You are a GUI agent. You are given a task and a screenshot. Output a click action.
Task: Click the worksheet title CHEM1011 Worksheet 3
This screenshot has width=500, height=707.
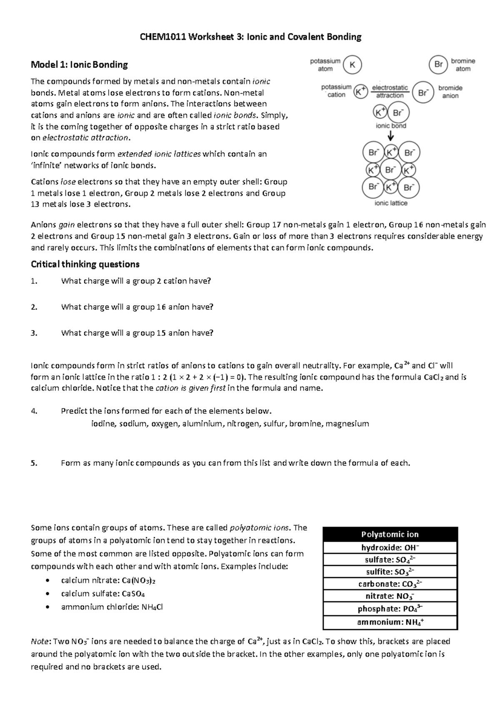(x=250, y=37)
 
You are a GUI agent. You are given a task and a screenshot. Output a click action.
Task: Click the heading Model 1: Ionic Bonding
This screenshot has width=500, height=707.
(x=80, y=65)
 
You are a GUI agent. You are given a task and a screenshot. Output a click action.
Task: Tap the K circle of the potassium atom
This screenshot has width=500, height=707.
(x=352, y=65)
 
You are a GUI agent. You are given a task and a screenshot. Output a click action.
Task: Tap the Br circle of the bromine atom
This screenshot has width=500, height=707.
(x=438, y=65)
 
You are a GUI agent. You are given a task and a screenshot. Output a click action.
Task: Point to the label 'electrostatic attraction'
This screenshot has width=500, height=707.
(x=390, y=92)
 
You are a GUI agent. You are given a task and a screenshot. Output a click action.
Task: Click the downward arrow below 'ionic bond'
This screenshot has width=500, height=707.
(x=391, y=136)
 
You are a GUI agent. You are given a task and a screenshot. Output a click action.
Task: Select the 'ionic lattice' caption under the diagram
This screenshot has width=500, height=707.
(x=391, y=203)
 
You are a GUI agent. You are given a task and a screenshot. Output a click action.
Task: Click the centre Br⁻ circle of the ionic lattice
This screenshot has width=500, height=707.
(x=390, y=170)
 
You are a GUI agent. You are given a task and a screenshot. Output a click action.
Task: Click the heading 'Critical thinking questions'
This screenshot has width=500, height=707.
(x=85, y=264)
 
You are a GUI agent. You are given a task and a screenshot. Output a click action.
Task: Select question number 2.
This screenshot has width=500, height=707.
(x=34, y=307)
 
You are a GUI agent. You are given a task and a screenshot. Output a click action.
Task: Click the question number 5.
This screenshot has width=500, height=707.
(x=34, y=463)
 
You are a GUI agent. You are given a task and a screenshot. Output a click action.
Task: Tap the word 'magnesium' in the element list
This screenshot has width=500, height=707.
(x=347, y=424)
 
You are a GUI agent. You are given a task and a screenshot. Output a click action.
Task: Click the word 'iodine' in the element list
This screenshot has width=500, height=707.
(x=103, y=424)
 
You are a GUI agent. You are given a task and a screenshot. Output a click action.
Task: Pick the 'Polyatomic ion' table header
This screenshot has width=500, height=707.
(x=390, y=534)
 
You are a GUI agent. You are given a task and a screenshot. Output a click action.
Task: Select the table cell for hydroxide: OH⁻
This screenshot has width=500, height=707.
(x=390, y=548)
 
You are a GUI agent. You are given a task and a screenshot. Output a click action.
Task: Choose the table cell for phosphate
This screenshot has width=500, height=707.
(x=390, y=609)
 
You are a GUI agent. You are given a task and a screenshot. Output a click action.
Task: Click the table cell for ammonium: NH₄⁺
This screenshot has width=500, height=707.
(x=390, y=622)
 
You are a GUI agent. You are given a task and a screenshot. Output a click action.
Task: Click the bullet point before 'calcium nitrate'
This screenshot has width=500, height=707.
(x=49, y=581)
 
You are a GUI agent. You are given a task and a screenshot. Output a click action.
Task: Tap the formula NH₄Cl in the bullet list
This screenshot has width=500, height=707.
(x=152, y=607)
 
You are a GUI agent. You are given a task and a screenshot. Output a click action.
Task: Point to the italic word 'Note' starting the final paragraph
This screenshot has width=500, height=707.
(x=40, y=642)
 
